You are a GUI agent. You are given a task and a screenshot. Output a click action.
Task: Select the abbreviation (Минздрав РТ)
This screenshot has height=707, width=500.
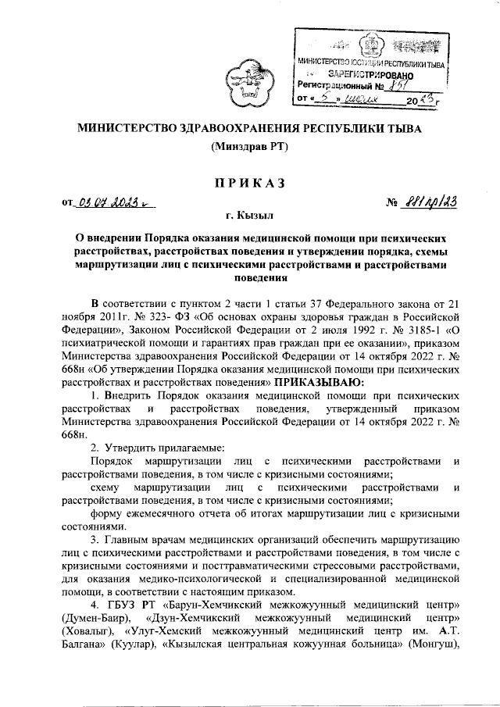(249, 147)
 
